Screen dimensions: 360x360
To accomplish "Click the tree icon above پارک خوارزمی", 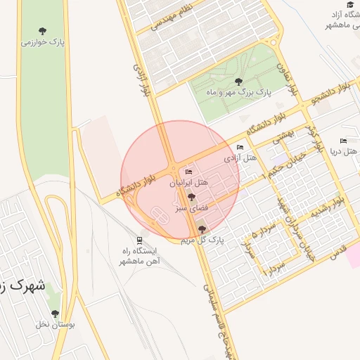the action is [42, 31].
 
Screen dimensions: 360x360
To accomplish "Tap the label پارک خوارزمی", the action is [42, 42].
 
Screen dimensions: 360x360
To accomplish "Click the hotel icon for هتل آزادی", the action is [240, 148].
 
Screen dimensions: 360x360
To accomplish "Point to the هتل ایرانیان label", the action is [188, 182].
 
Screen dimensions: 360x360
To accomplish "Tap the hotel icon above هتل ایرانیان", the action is [188, 172].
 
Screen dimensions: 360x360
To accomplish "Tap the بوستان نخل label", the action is [56, 325].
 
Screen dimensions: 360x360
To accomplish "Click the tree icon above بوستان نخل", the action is [55, 314].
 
